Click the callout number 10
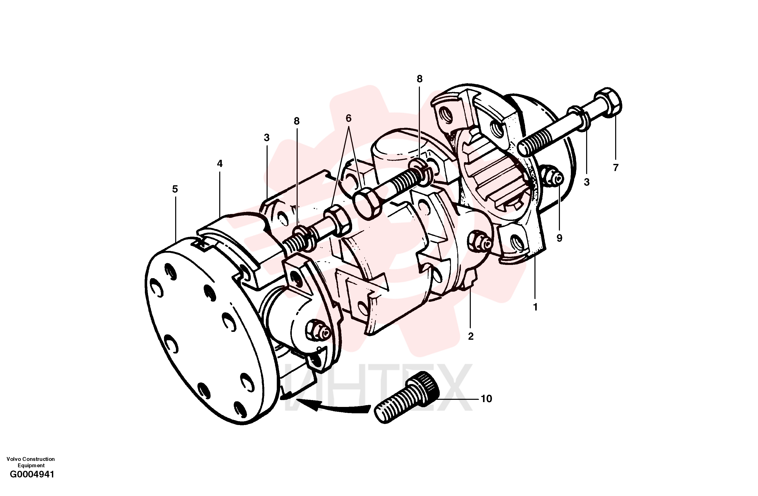486,399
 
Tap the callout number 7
616,167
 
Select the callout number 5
175,189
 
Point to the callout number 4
220,164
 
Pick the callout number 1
535,307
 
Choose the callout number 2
471,336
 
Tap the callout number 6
348,118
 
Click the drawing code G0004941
32,484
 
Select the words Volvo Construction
31,459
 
